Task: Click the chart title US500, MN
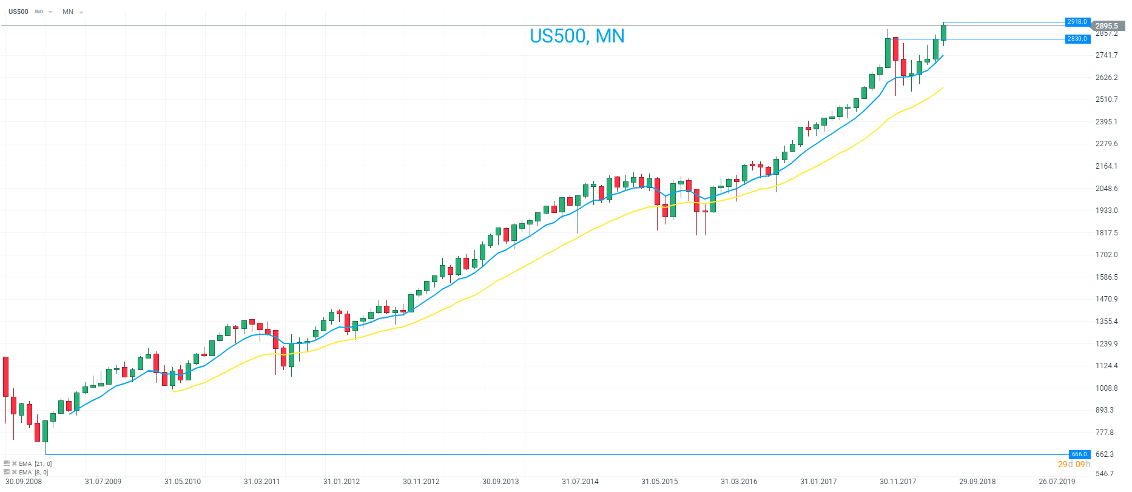577,36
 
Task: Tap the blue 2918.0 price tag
1077,22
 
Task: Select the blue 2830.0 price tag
1077,39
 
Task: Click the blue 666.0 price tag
1079,454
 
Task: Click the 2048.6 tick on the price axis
1107,188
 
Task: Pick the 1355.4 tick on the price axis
1107,321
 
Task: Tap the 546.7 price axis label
1105,473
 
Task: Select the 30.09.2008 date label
24,482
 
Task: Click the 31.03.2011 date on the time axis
262,482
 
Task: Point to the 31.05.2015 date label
659,482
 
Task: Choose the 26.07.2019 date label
1057,482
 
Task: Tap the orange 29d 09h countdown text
1074,464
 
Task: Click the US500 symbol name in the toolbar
18,12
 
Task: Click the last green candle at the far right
943,33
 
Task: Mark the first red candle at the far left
6,377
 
